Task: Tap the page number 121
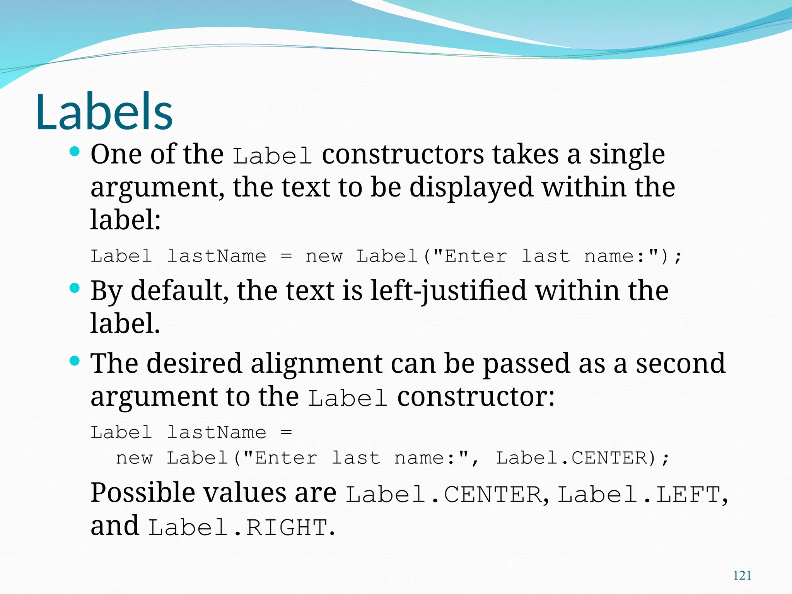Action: [742, 575]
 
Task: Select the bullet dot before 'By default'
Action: [75, 288]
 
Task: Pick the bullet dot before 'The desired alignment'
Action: [75, 361]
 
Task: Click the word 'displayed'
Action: [471, 188]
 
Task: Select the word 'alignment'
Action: [316, 364]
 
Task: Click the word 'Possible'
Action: [142, 493]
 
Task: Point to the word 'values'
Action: [245, 493]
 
